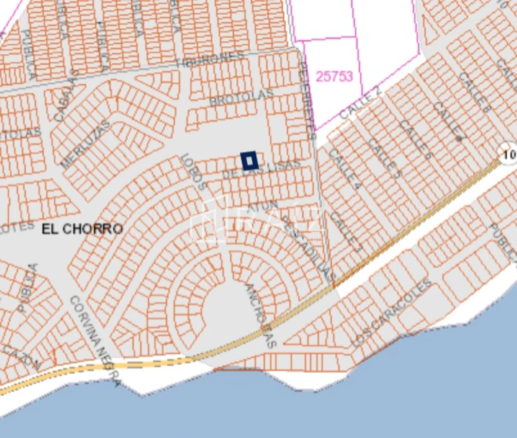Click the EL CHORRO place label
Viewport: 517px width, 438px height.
82,229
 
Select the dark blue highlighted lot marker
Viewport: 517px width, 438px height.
249,160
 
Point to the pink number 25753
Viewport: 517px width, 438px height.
334,76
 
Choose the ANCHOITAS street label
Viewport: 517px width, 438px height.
261,315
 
